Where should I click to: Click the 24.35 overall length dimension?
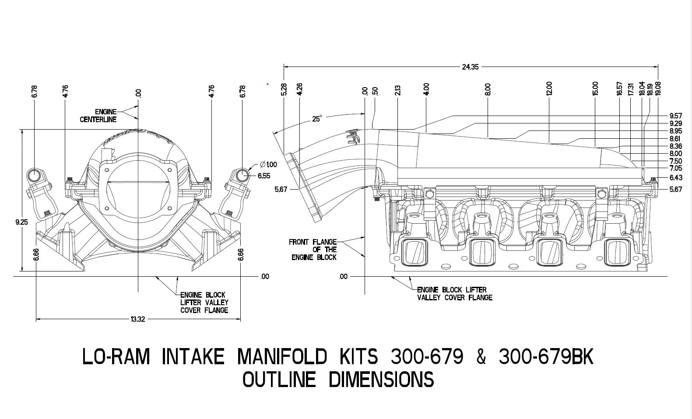click(471, 67)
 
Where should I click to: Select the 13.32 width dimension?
click(137, 319)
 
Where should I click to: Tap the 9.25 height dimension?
click(21, 222)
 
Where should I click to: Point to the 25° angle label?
click(317, 119)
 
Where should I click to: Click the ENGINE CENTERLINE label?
click(98, 116)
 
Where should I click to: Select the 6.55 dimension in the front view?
click(264, 176)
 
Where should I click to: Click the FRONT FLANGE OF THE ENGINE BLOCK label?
click(313, 250)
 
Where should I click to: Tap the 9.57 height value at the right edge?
click(675, 116)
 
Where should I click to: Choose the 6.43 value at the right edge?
click(675, 178)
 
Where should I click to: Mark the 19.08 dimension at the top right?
click(657, 89)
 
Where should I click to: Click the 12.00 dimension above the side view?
click(549, 88)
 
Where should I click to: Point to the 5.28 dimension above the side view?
click(284, 89)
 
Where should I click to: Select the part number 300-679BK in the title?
click(546, 357)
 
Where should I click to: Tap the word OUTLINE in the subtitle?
click(279, 379)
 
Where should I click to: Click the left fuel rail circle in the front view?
click(34, 175)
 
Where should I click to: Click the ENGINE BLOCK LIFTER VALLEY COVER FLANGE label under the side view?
click(454, 294)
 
